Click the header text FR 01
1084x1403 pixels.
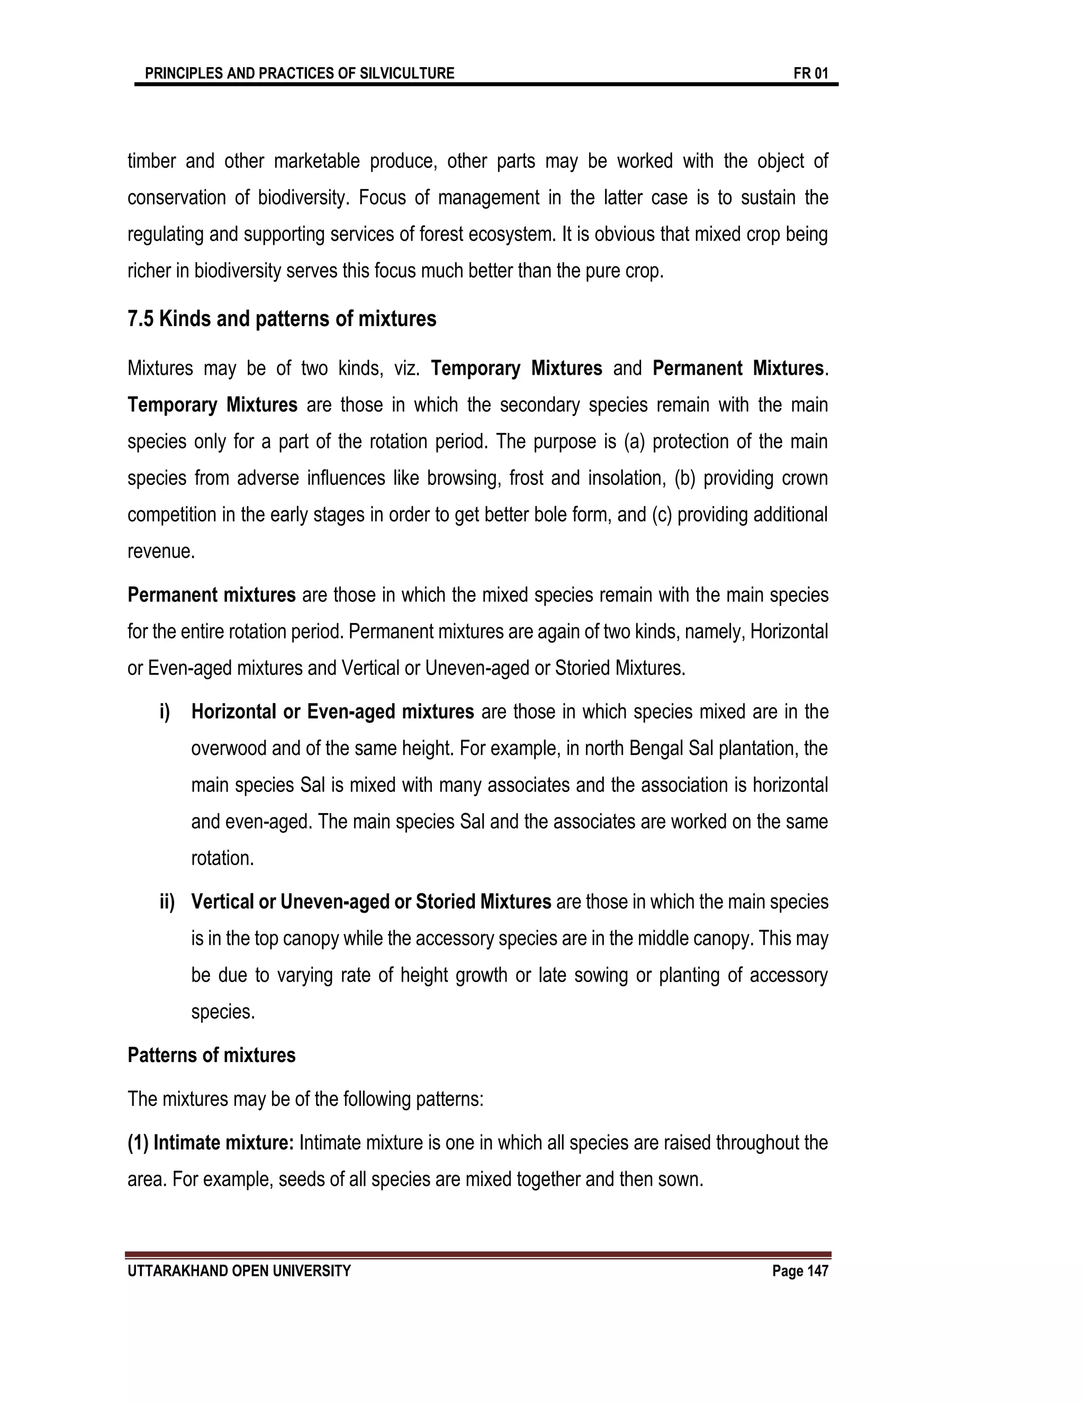810,73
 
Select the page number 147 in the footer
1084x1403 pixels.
817,1271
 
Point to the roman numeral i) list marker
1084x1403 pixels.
165,712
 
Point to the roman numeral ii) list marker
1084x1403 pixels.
167,902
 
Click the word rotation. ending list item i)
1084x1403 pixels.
222,858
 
